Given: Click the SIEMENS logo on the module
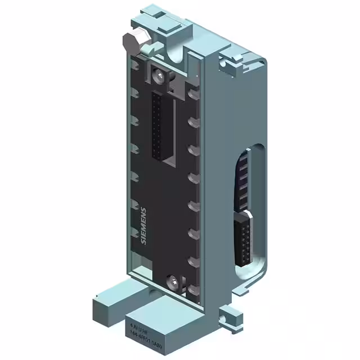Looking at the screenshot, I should [143, 226].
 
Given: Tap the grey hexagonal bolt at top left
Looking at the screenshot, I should [129, 42].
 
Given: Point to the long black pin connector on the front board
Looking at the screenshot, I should [157, 127].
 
